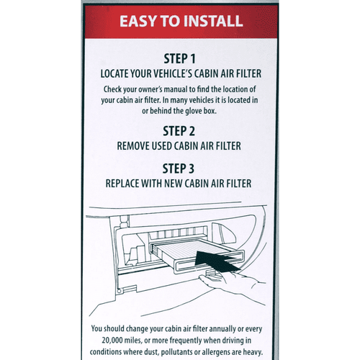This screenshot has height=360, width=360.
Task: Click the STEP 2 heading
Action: [x=179, y=131]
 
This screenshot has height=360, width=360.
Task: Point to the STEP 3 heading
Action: [x=179, y=168]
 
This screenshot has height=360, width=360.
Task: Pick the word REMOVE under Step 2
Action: [x=136, y=145]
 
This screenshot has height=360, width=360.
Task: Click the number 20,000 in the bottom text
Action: [x=109, y=340]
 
